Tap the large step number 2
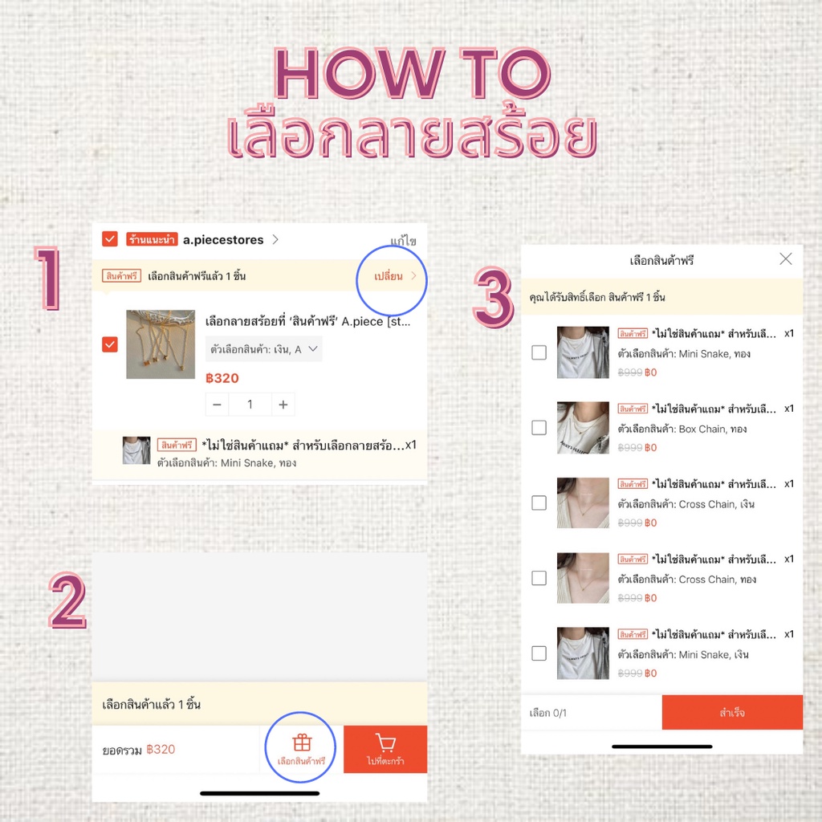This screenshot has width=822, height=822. coord(67,600)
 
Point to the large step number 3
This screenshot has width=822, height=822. coord(494,297)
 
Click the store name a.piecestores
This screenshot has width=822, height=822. coord(223,239)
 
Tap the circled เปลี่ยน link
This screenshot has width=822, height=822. coord(389,276)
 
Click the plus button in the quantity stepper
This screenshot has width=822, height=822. coord(283,405)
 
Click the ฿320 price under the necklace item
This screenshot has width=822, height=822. coord(222,378)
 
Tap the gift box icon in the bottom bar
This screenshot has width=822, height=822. coord(302,743)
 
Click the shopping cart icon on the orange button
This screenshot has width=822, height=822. coord(385,743)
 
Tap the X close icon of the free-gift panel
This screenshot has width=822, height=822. coord(785,258)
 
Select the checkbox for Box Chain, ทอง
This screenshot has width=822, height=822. coord(539,427)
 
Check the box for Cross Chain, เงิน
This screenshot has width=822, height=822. coord(539,503)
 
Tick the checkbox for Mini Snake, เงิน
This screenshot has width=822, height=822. coord(539,653)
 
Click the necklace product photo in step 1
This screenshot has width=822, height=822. coord(161,344)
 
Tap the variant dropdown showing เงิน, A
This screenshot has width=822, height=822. coord(263,349)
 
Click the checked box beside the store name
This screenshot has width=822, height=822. coord(109,239)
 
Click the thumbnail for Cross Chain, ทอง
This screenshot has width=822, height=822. coord(583,578)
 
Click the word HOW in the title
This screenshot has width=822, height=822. coord(359,73)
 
